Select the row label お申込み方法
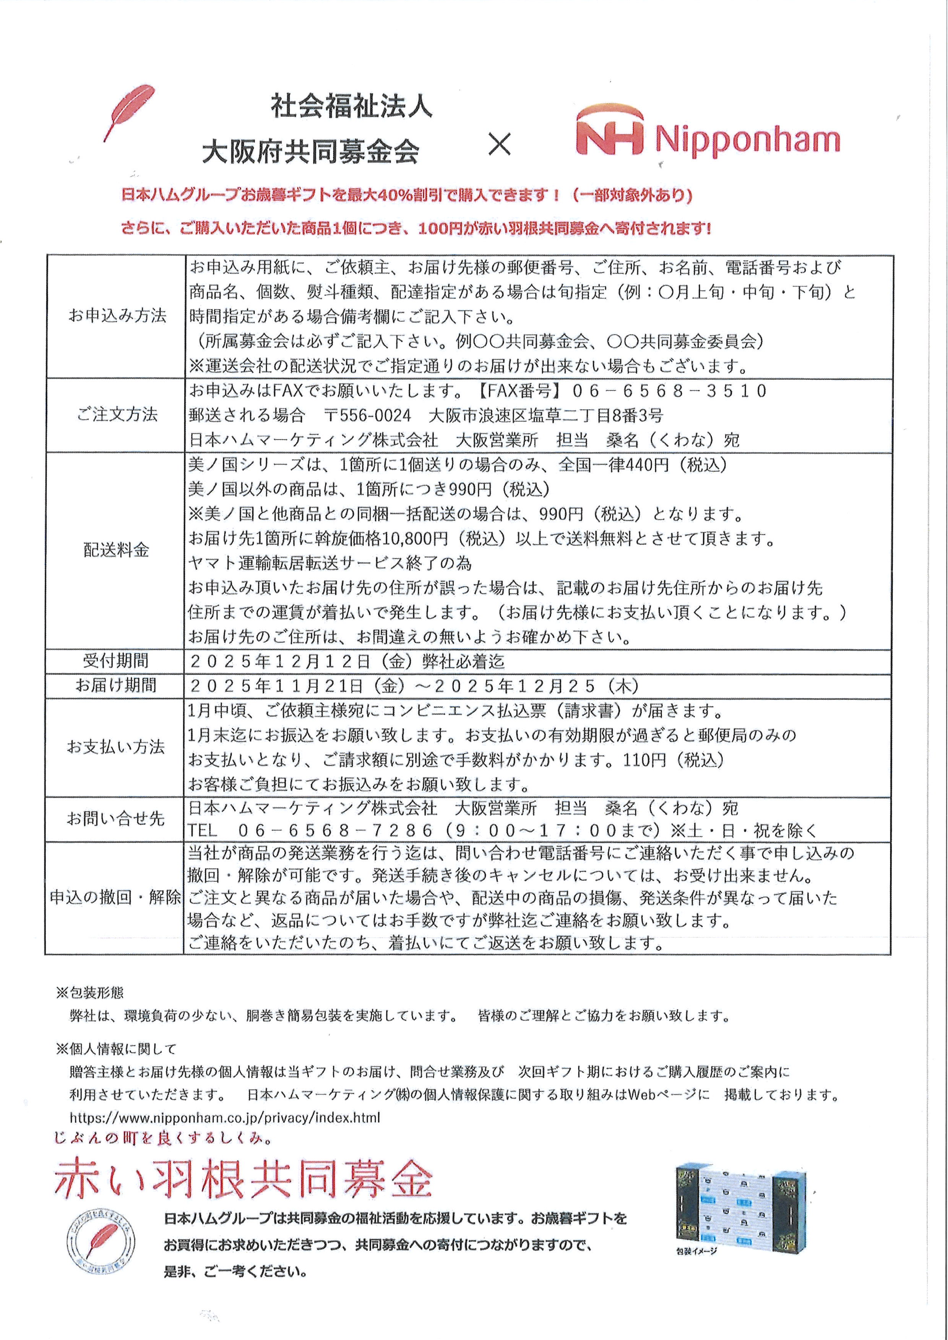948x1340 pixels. coord(117,316)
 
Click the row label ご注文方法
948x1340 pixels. coord(117,414)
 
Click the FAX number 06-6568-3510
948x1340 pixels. coord(669,390)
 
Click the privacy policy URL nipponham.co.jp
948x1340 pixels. coord(225,1117)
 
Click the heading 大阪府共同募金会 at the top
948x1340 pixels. coord(311,152)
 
